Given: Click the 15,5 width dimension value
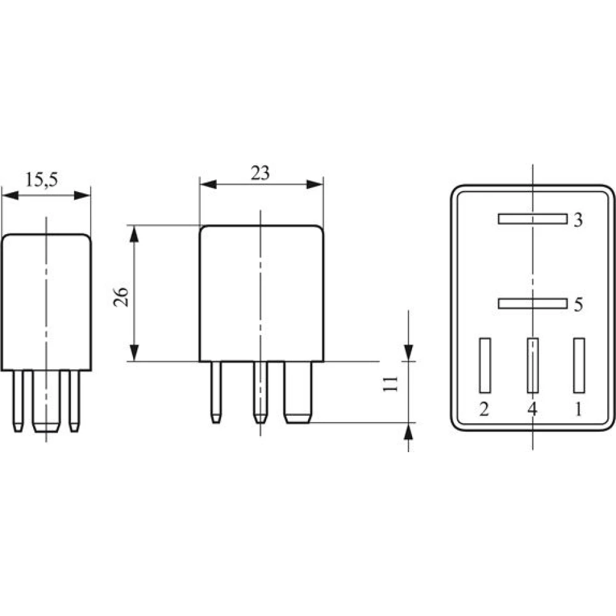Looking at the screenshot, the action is [42, 180].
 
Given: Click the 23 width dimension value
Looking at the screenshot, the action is [260, 173].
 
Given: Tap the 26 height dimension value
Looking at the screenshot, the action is [121, 297].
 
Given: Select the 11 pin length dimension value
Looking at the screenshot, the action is [391, 384].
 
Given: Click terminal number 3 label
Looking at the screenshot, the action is [578, 220].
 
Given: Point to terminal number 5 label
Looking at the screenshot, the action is [578, 304].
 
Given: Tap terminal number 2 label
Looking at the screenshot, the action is [484, 410].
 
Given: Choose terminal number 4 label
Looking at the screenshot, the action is [532, 410].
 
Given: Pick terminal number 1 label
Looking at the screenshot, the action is [578, 410].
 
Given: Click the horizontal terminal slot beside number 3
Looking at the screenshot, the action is [533, 219].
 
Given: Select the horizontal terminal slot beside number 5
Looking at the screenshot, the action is [533, 304].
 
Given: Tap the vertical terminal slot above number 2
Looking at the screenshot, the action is [485, 365].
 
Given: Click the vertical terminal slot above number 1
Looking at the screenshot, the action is [579, 365].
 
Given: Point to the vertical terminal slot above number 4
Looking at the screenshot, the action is [533, 365].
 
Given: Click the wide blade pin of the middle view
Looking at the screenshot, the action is [298, 392].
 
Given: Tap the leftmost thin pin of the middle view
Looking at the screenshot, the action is [216, 392].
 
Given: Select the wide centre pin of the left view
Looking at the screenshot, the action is [46, 401].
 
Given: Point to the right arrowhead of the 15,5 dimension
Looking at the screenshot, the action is [82, 195].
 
